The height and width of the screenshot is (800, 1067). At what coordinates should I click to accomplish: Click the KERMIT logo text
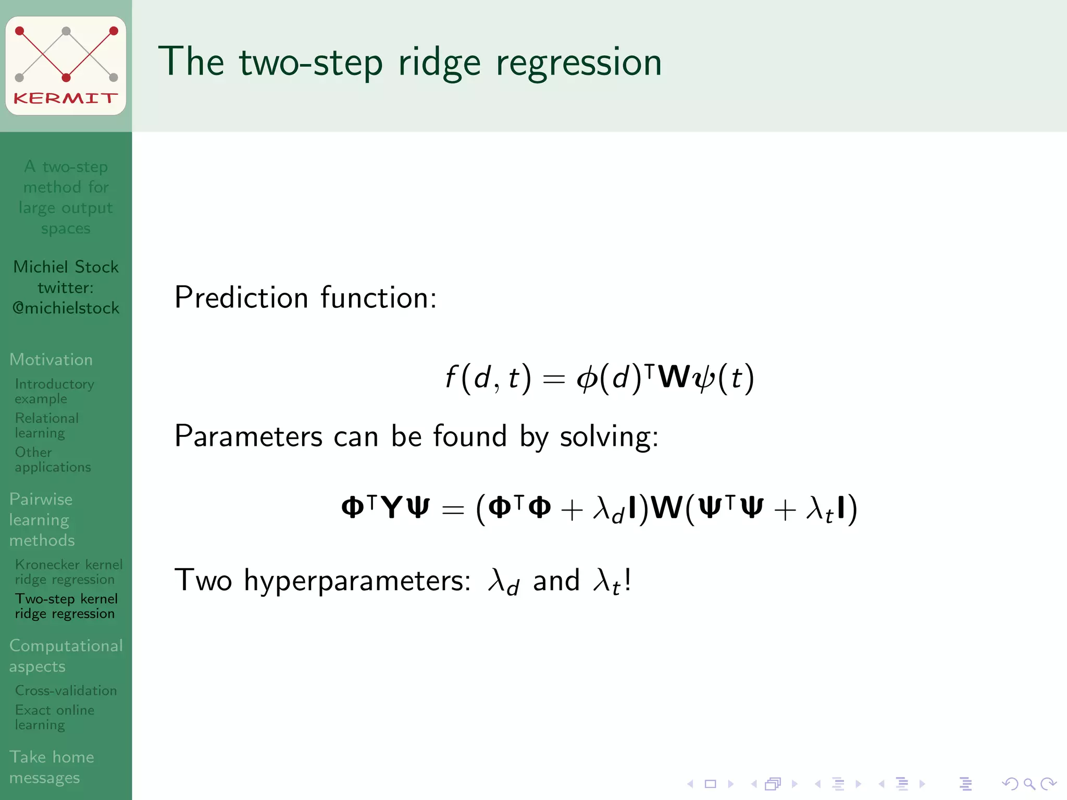coord(66,98)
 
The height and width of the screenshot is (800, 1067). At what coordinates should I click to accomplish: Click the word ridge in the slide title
coord(439,63)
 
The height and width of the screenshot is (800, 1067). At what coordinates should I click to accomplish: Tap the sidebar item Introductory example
coord(54,391)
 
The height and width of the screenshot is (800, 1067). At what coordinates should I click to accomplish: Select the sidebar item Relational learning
coord(47,426)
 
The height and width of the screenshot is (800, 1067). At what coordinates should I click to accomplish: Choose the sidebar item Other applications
coord(53,459)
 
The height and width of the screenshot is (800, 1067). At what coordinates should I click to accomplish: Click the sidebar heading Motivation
coord(51,359)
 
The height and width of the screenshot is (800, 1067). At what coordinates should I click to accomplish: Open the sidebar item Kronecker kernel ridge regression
coord(68,572)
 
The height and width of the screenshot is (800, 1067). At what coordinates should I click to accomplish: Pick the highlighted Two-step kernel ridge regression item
coord(66,606)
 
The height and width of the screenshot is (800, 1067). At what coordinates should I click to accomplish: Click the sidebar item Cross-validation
coord(66,691)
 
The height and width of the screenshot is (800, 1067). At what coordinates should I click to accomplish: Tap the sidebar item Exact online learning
coord(54,717)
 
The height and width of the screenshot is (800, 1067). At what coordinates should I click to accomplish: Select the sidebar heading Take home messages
coord(52,767)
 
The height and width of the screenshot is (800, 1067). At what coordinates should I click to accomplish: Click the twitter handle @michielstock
coord(66,308)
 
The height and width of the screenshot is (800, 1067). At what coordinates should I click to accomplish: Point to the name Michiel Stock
coord(66,267)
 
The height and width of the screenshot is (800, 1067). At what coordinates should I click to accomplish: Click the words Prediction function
coord(305,297)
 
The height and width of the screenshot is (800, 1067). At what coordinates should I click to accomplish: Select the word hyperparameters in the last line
coord(357,580)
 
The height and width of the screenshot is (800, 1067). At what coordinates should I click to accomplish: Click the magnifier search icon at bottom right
coord(1029,783)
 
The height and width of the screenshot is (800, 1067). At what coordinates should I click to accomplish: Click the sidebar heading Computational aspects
coord(66,656)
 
